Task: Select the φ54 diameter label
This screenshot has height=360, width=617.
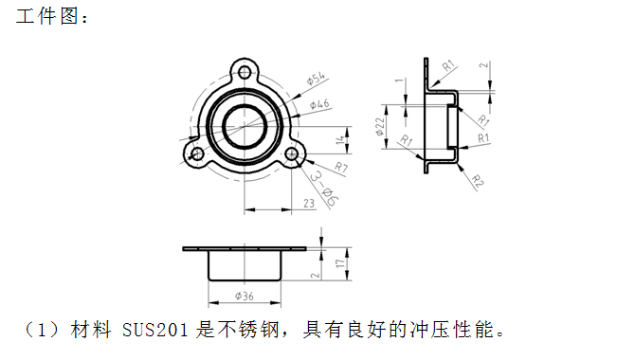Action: click(316, 81)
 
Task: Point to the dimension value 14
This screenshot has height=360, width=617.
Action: click(338, 141)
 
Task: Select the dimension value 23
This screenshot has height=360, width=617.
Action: click(309, 203)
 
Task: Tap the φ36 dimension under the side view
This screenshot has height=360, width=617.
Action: click(245, 297)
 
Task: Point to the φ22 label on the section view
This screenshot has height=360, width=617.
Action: click(380, 127)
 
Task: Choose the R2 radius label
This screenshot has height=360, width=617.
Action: click(478, 181)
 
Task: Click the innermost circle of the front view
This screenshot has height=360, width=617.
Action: click(245, 122)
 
